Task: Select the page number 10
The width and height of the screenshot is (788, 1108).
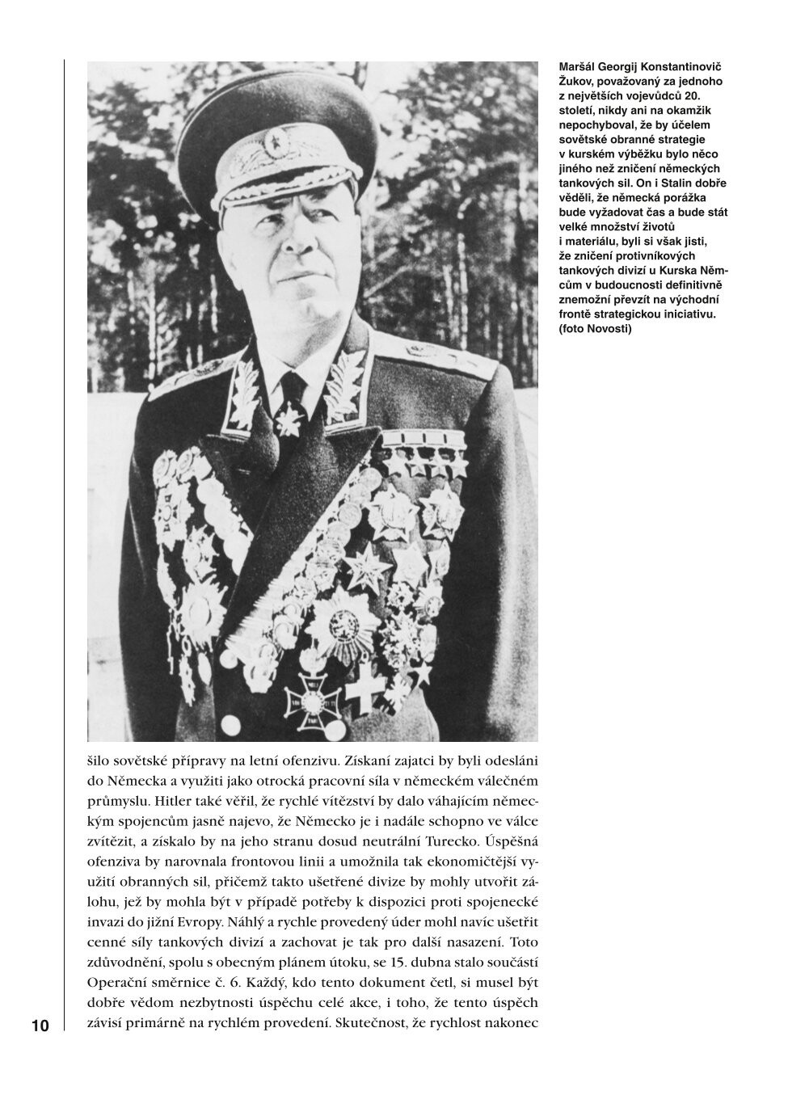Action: pyautogui.click(x=40, y=1027)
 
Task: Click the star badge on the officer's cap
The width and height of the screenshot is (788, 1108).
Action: pyautogui.click(x=277, y=142)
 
